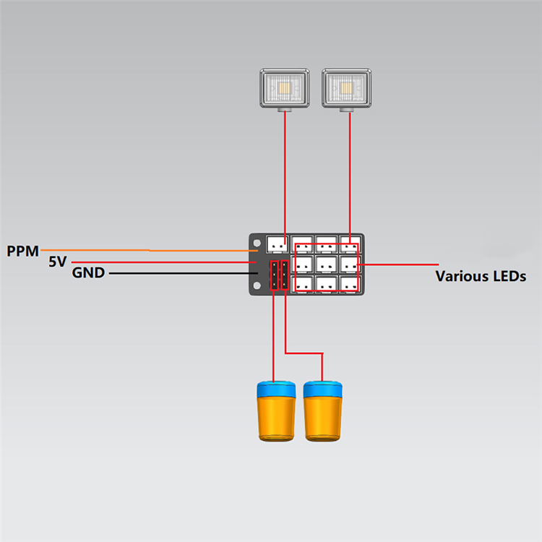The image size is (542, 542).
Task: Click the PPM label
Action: [x=22, y=251]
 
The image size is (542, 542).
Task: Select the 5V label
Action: [x=58, y=262]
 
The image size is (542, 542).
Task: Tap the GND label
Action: [x=88, y=273]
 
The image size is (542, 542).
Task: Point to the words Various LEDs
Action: [x=481, y=276]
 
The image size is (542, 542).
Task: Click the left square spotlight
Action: [x=285, y=88]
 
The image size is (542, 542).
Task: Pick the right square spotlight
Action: [x=347, y=88]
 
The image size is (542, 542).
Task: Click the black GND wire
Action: [x=181, y=273]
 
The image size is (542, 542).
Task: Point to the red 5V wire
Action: [x=166, y=262]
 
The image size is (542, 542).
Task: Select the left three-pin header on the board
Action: [x=275, y=275]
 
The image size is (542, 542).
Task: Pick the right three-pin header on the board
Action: [x=285, y=275]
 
